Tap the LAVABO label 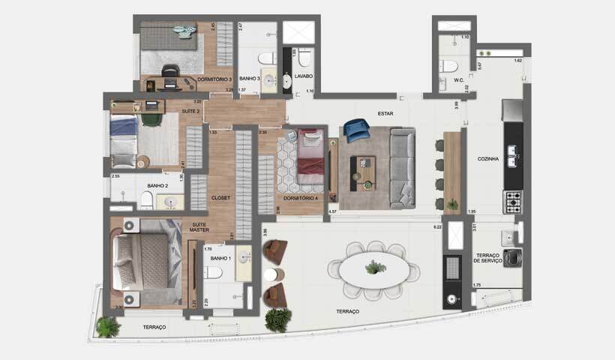[x=304, y=76]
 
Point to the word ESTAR [x=386, y=113]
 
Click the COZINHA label [x=488, y=159]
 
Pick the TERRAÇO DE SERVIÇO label [x=493, y=259]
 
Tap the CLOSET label [x=220, y=198]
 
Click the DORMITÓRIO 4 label [x=301, y=199]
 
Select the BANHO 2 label [x=157, y=185]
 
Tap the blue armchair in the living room [x=356, y=131]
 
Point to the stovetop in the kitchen [x=512, y=201]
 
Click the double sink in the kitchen [x=514, y=156]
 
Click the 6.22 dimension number [x=436, y=226]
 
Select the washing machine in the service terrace [x=512, y=257]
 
